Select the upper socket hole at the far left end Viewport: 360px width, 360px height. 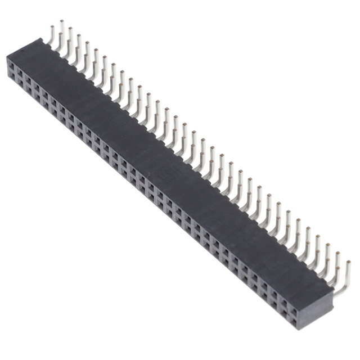[x=12, y=66]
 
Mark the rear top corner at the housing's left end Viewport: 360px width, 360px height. [x=41, y=38]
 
